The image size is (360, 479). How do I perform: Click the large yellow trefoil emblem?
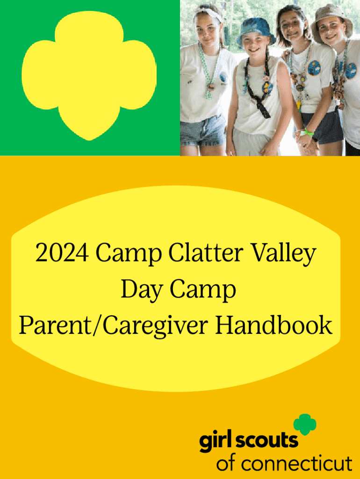tap(89, 75)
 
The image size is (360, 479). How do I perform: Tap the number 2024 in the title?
tap(62, 253)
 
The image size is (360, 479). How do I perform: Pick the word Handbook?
tap(274, 325)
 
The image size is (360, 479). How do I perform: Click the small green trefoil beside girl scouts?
tap(305, 424)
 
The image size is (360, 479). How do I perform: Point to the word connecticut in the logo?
tap(297, 464)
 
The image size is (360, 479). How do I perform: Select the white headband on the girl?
tap(208, 12)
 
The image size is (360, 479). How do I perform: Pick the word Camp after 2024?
tap(129, 254)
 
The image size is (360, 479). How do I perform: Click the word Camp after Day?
tap(202, 291)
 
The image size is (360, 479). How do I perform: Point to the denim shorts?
tap(203, 131)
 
